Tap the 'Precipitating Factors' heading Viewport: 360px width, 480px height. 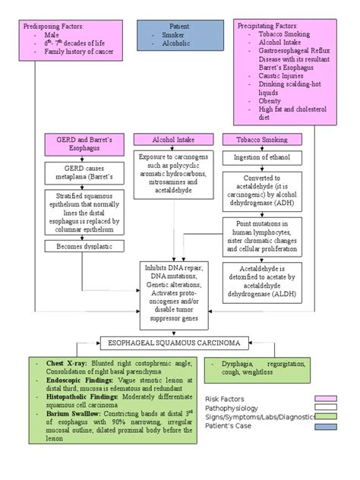pyautogui.click(x=267, y=26)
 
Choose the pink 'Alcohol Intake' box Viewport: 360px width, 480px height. pyautogui.click(x=173, y=140)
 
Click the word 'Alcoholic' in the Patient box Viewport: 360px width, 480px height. pyautogui.click(x=177, y=44)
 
